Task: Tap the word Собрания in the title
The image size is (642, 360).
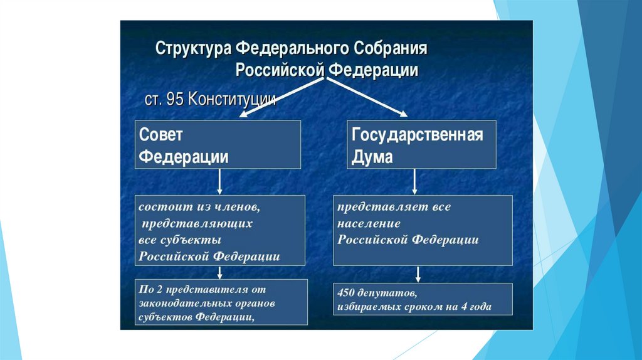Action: [x=393, y=50]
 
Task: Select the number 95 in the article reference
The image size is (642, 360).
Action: [x=176, y=100]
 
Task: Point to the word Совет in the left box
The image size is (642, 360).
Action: [x=160, y=135]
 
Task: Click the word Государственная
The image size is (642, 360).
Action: [x=417, y=135]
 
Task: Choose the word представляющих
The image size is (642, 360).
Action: [x=197, y=223]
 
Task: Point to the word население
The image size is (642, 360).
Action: [x=369, y=223]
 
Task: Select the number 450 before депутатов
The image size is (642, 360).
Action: [x=347, y=293]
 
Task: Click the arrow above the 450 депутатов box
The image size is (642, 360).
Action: [x=418, y=274]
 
